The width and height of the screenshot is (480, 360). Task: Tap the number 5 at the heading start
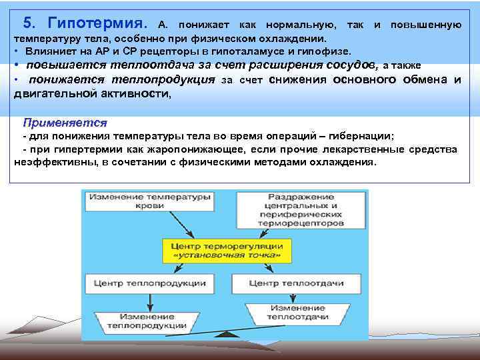27,23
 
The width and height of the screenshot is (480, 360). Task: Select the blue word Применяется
65,123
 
